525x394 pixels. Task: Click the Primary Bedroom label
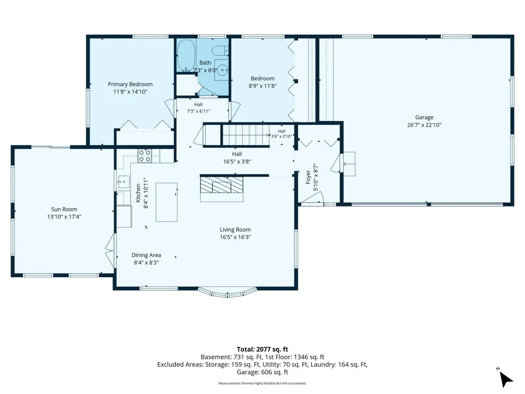click(x=130, y=84)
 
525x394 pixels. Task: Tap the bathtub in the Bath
click(x=185, y=55)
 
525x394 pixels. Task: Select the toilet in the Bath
click(x=220, y=50)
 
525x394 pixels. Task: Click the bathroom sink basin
click(x=222, y=70)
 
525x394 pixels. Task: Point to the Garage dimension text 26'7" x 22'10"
click(x=424, y=125)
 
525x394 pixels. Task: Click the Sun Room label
click(x=64, y=209)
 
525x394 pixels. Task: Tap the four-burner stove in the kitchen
click(x=145, y=156)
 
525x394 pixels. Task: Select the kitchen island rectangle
click(x=166, y=202)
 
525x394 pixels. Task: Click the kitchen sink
click(x=123, y=182)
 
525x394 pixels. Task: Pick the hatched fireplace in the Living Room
click(x=222, y=184)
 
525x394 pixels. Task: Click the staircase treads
click(x=246, y=135)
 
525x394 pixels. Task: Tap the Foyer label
click(x=308, y=177)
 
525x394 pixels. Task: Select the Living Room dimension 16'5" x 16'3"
click(x=235, y=237)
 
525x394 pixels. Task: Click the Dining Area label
click(x=146, y=255)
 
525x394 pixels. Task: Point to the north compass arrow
click(x=506, y=379)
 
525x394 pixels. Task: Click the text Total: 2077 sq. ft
click(x=262, y=349)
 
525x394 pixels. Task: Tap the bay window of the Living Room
click(x=227, y=293)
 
